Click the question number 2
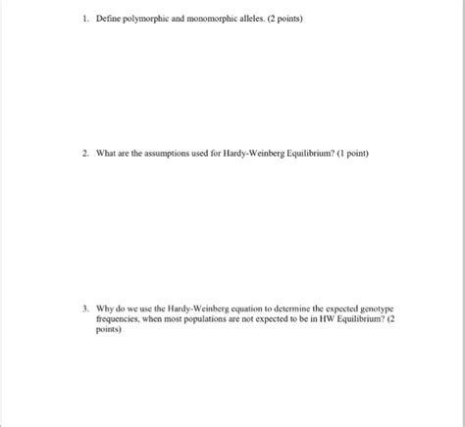click(85, 154)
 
